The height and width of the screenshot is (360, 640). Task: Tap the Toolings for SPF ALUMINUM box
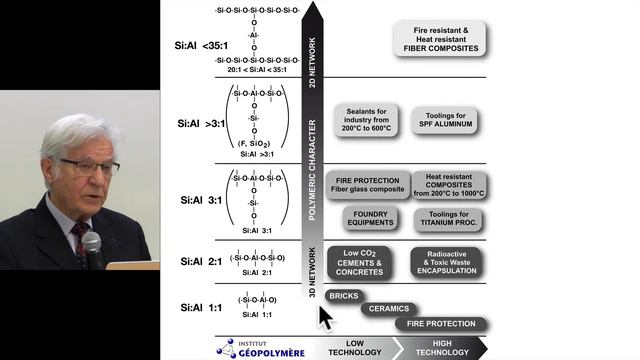pos(444,121)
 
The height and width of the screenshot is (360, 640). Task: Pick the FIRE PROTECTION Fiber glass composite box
pos(368,185)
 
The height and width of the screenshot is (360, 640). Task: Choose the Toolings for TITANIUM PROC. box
pos(448,218)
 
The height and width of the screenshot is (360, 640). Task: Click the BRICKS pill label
pos(343,296)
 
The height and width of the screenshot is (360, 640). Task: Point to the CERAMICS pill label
pos(389,309)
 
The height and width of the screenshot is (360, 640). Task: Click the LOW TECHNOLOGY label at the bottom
pos(348,347)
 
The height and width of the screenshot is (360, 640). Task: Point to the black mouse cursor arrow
pos(325,318)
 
